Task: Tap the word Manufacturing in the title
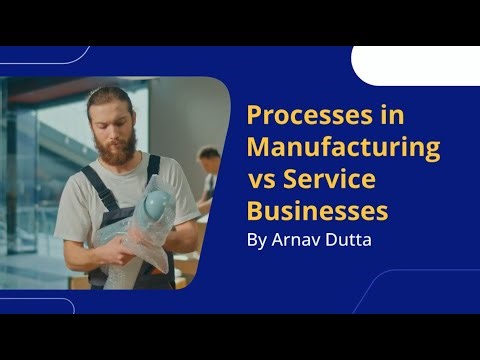coord(344,148)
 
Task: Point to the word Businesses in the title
coord(317,212)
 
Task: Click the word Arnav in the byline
coord(298,240)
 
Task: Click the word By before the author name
coord(257,240)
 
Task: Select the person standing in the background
coord(208,175)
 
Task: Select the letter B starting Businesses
coord(254,212)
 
